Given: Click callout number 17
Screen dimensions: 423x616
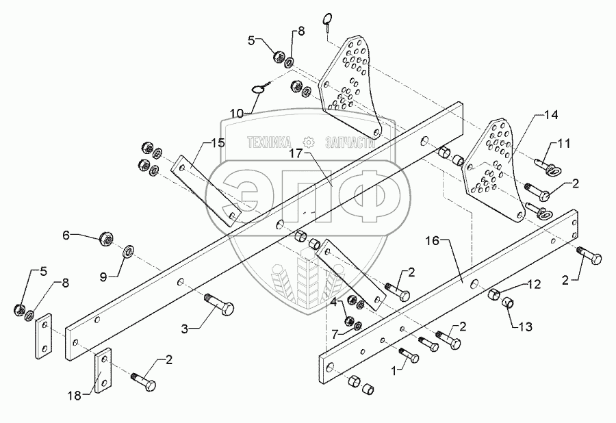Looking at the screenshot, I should point(294,154).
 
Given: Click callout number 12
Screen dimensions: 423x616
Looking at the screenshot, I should point(534,283).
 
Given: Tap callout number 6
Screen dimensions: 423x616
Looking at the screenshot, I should point(66,235).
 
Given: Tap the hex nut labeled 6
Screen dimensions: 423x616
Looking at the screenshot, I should point(106,238).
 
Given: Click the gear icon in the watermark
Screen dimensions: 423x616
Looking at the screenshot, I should point(308,142).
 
